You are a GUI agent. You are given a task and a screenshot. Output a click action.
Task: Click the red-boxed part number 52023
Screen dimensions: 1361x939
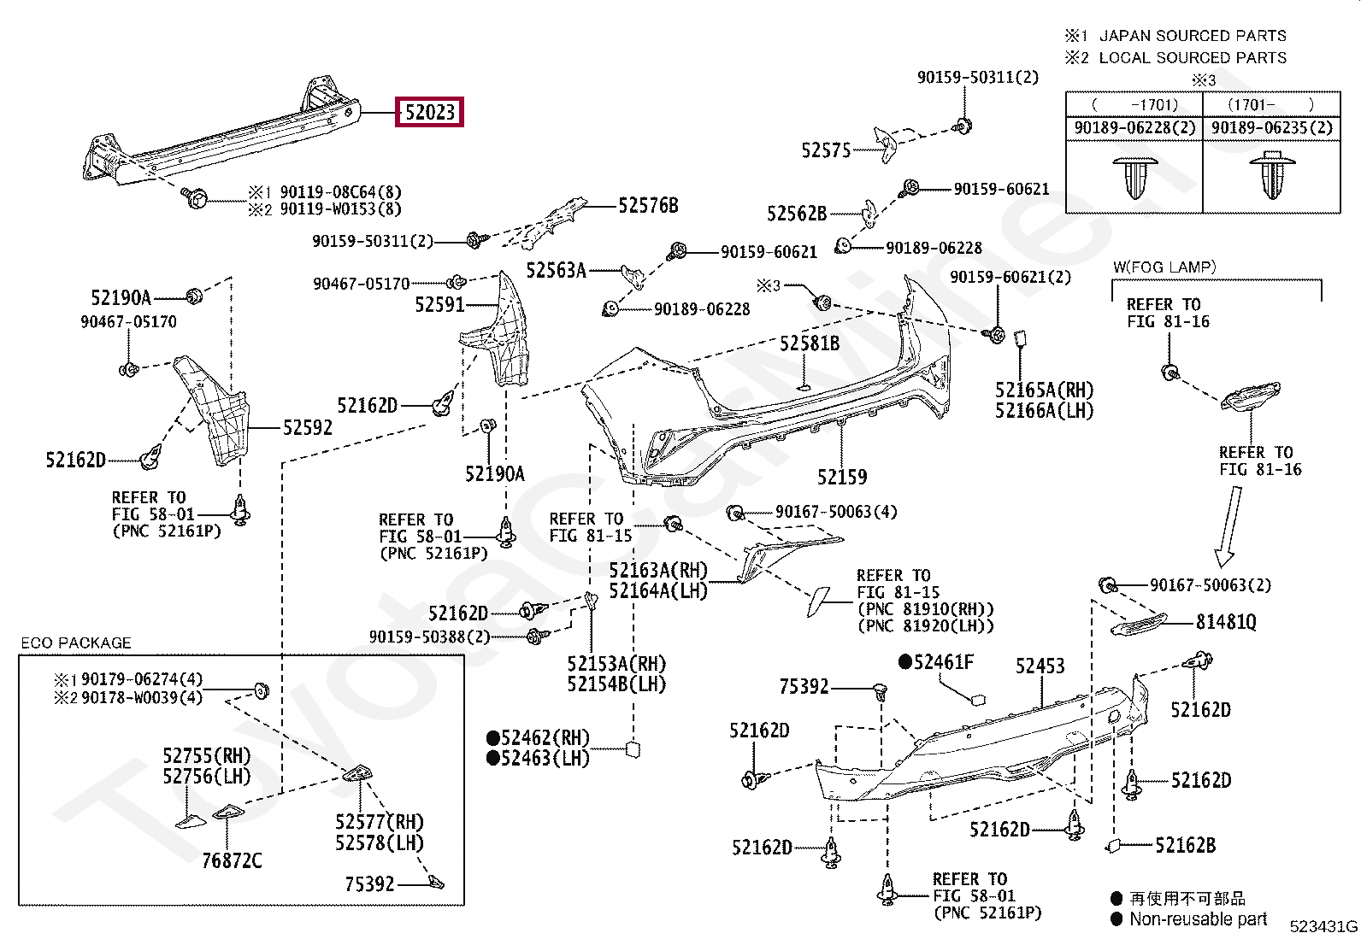[429, 112]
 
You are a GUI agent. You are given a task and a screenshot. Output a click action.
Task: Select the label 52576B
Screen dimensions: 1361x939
[648, 206]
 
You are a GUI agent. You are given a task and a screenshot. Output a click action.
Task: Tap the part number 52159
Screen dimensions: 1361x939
[842, 478]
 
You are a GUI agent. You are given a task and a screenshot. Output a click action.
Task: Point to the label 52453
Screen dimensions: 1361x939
[1040, 666]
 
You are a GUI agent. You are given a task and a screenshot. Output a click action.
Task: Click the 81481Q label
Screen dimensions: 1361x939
[1226, 622]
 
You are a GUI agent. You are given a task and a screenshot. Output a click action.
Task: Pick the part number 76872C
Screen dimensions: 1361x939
[232, 860]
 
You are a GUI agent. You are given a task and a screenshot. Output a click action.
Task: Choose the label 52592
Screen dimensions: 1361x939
[308, 428]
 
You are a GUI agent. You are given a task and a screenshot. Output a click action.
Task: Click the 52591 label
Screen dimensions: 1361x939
[439, 304]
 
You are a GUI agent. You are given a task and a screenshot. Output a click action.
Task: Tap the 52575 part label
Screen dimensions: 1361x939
[826, 150]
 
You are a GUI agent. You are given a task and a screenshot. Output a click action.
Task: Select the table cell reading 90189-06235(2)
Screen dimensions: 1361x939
[1272, 128]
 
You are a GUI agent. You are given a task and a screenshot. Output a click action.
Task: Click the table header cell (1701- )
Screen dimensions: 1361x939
[1270, 105]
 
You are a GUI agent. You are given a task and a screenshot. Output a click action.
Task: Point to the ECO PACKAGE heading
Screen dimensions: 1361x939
[76, 643]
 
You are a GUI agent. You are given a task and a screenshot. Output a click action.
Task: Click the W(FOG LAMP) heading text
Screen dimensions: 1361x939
[1164, 267]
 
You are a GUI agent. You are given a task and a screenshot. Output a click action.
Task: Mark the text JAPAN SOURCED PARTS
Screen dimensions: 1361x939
[1193, 35]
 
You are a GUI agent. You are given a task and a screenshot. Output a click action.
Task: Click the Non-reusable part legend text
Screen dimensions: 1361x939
[1198, 919]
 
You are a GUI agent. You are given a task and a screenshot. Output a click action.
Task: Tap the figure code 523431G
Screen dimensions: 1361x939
[1323, 926]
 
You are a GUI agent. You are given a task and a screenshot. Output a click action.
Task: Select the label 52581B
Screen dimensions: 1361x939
[810, 343]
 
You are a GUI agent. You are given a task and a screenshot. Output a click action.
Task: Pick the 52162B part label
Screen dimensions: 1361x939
[1185, 845]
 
